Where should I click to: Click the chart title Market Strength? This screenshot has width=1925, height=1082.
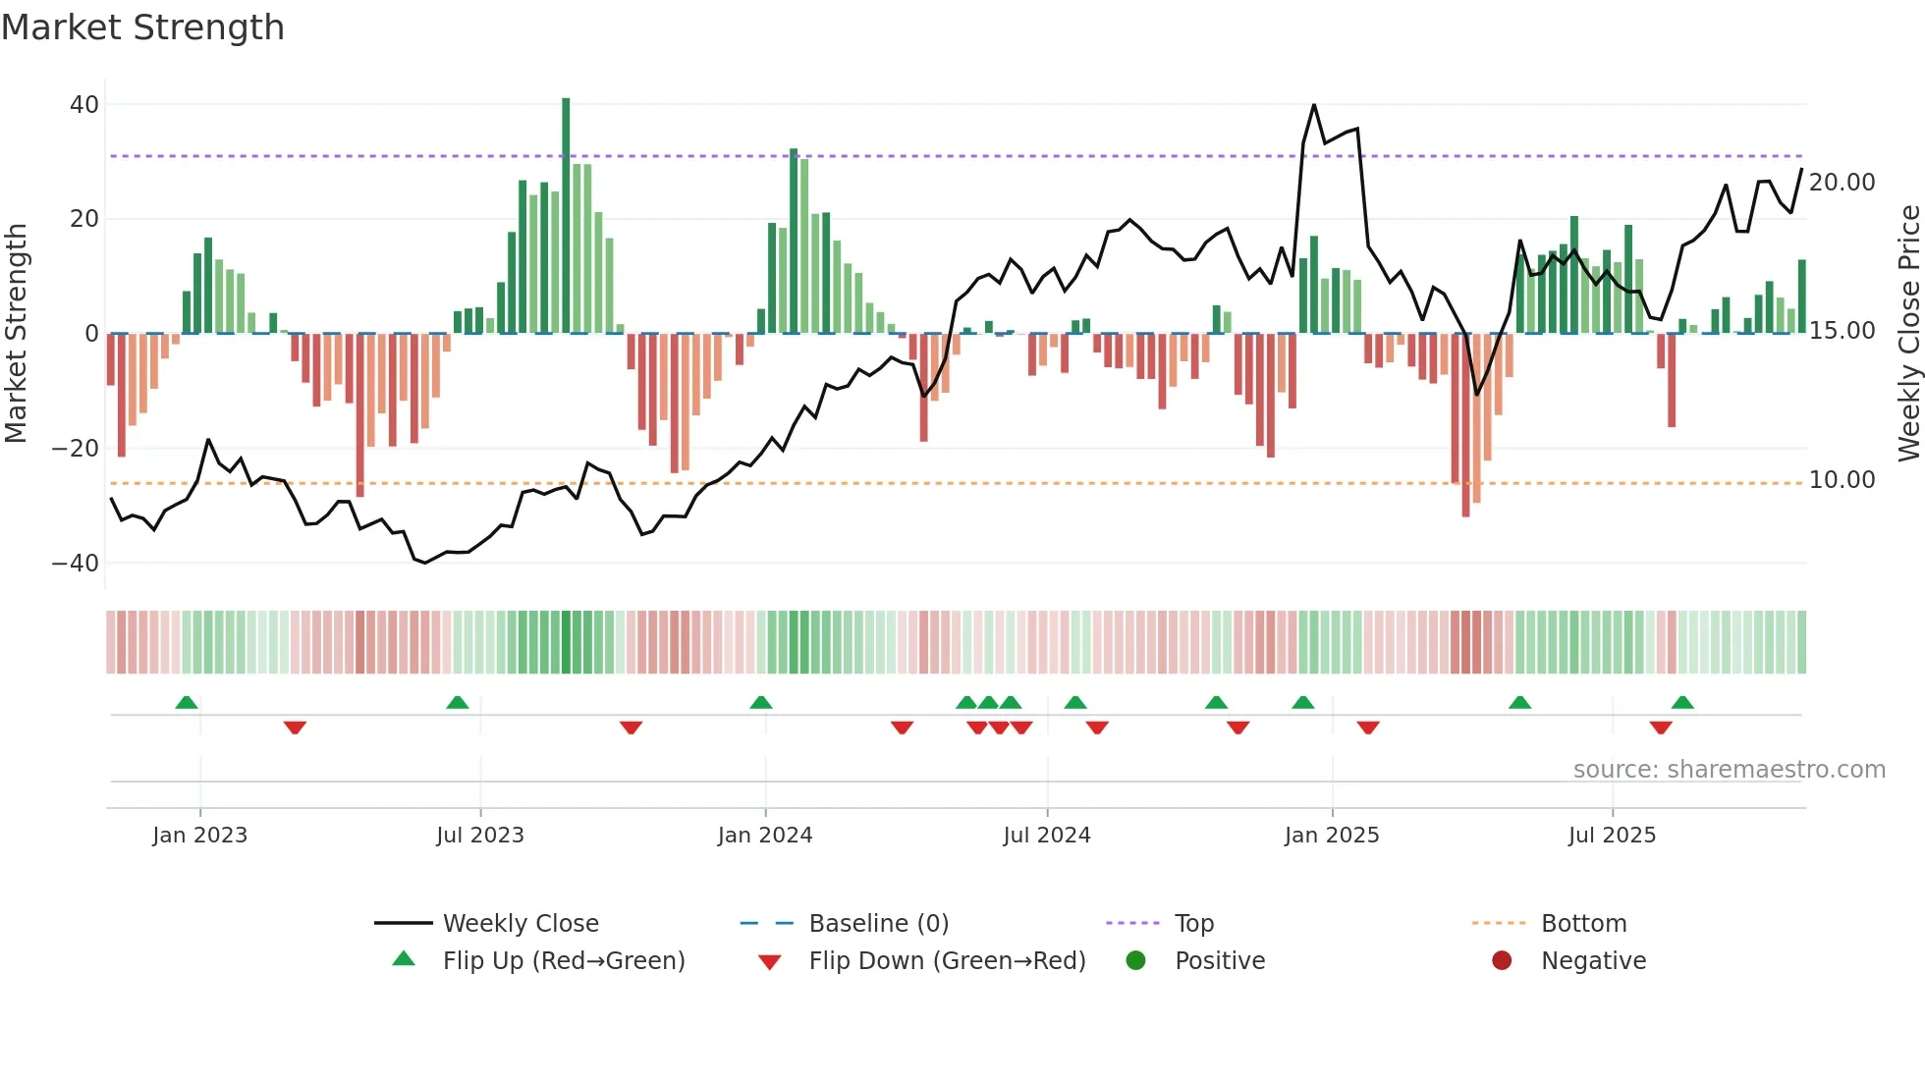pos(142,27)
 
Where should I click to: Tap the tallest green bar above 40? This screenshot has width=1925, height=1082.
pos(566,216)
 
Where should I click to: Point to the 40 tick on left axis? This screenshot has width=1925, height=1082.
pos(84,104)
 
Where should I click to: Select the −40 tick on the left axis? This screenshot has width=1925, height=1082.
pos(76,564)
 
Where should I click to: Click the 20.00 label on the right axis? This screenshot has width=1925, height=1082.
pos(1842,183)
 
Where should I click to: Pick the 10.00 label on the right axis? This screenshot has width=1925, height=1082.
pos(1842,480)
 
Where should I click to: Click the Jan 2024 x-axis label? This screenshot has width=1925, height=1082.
pos(765,836)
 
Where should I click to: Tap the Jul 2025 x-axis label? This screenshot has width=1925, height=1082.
pos(1612,836)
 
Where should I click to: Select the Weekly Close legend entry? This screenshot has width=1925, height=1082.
pos(520,924)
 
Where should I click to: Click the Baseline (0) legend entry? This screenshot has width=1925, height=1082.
pos(878,924)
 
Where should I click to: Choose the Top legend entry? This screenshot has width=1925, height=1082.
pos(1194,924)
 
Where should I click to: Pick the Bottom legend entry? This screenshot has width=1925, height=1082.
pos(1583,924)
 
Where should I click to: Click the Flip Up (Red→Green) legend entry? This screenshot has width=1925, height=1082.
pos(563,961)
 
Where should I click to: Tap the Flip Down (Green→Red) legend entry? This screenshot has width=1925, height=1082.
pos(947,961)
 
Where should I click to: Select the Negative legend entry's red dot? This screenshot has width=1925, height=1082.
pos(1502,960)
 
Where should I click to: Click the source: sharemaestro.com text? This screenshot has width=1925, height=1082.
pos(1729,770)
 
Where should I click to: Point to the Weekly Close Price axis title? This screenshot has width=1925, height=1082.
pos(1908,334)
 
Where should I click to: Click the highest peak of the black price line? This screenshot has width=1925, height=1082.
pos(1314,105)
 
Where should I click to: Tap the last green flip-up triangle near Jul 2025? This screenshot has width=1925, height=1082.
pos(1682,703)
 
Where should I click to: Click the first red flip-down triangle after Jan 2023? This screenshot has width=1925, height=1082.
pos(295,728)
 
